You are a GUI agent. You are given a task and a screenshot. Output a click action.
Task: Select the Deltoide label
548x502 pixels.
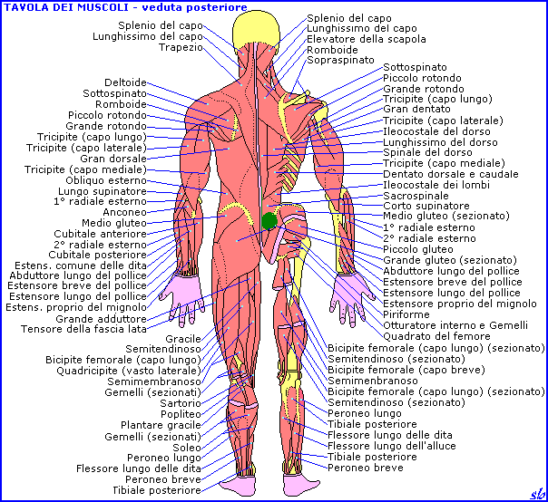coord(125,82)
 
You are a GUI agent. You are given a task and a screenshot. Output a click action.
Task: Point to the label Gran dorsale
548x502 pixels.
coord(113,159)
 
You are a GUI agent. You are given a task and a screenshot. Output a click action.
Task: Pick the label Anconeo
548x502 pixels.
coord(127,212)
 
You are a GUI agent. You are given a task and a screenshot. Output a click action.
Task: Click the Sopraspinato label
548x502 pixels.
coord(340,60)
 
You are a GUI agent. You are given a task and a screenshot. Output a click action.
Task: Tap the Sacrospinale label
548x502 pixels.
coord(416,196)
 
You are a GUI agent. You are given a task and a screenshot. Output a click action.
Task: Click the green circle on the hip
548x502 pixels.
coord(269,220)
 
